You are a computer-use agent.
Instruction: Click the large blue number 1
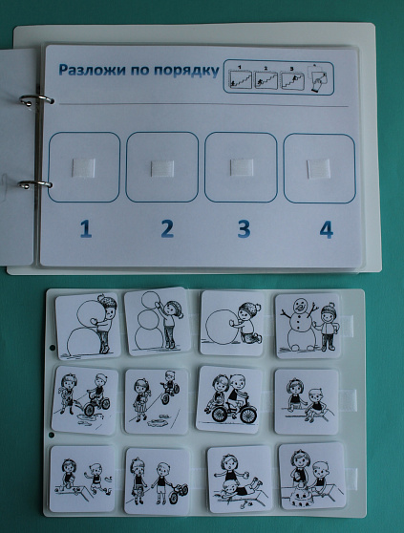(x=86, y=228)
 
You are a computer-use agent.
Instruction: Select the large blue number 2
(x=167, y=228)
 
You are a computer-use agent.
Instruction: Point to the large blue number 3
(x=244, y=228)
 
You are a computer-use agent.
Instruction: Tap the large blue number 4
(x=327, y=229)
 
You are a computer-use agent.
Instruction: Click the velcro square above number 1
(x=84, y=167)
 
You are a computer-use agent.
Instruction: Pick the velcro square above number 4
(x=319, y=169)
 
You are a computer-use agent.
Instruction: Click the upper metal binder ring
(x=36, y=99)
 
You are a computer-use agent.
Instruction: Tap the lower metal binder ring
(x=35, y=184)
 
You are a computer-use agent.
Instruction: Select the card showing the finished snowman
(x=308, y=326)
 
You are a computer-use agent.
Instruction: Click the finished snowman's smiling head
(x=300, y=305)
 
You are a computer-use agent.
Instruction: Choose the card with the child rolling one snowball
(x=232, y=323)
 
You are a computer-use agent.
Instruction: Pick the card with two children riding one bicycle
(x=230, y=399)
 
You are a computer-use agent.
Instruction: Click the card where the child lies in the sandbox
(x=240, y=479)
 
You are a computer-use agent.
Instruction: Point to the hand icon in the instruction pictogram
(x=319, y=83)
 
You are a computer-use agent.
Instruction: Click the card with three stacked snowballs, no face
(x=157, y=322)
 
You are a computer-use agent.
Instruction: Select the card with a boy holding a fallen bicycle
(x=157, y=480)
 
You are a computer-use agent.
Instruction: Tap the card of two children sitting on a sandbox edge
(x=307, y=401)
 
